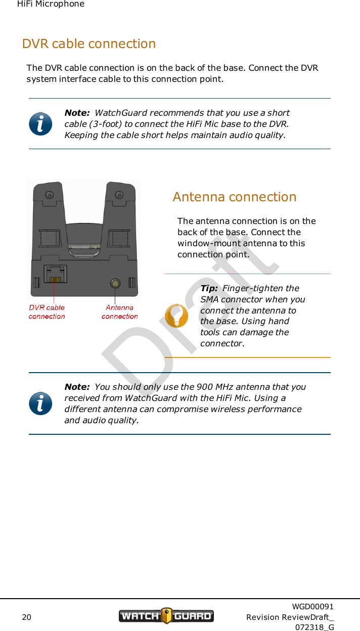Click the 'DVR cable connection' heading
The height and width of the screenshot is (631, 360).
click(x=89, y=43)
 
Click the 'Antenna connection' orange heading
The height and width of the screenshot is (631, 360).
click(x=235, y=197)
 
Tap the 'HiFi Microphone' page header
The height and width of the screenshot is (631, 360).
click(x=51, y=4)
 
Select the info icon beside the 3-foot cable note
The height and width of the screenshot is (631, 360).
click(x=40, y=124)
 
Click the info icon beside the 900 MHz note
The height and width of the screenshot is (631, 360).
click(x=40, y=403)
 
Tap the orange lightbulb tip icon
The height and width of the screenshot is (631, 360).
click(x=177, y=316)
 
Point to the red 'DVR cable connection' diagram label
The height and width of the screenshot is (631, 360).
click(x=47, y=311)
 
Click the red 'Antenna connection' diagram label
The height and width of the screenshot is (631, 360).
click(x=120, y=311)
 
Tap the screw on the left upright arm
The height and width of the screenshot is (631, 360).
click(x=49, y=195)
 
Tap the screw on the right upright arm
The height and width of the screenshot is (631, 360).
click(x=119, y=195)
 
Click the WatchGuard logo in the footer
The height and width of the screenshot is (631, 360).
click(x=166, y=616)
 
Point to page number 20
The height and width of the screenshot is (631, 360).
click(x=26, y=617)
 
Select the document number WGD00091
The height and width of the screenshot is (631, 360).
click(x=312, y=606)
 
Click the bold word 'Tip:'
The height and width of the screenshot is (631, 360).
click(x=209, y=288)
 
